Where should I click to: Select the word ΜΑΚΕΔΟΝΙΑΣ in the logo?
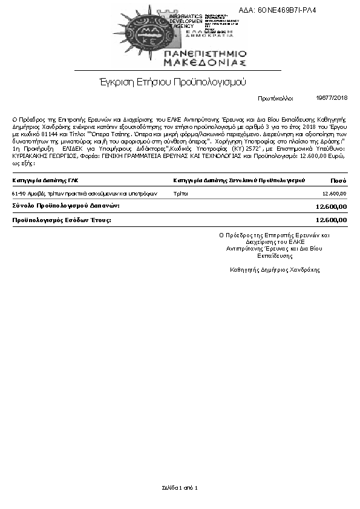coord(205,62)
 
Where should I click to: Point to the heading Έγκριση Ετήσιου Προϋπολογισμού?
coord(173,82)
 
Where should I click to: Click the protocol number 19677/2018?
coord(332,97)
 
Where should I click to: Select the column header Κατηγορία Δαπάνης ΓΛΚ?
coord(45,180)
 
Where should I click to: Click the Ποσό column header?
coord(338,180)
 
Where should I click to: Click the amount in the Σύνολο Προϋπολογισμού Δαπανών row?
coord(332,207)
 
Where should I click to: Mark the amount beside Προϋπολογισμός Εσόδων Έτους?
coord(332,220)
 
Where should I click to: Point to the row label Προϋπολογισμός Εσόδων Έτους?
coord(62,220)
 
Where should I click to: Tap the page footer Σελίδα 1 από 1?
coord(180,487)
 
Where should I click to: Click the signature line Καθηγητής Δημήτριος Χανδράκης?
coord(275,269)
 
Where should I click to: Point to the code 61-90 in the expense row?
coord(19,194)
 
